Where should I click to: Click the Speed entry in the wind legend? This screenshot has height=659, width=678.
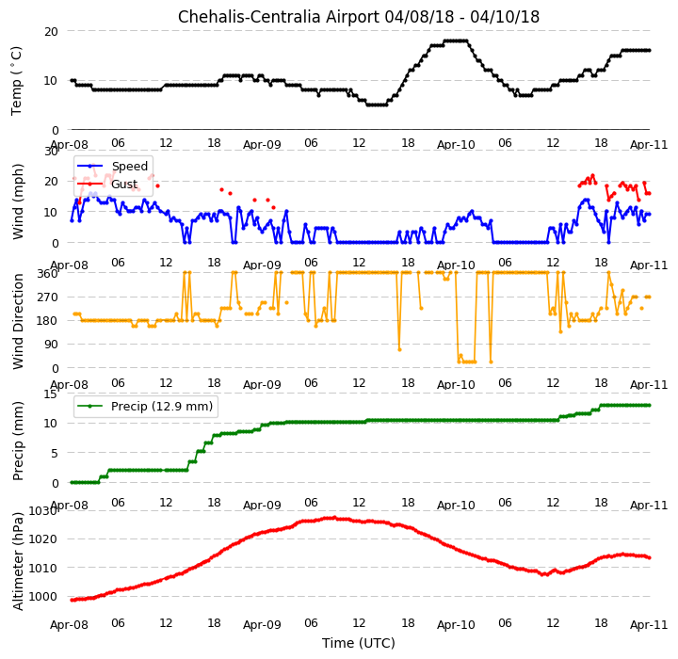click(x=130, y=166)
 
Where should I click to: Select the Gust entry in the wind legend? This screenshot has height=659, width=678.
click(x=124, y=185)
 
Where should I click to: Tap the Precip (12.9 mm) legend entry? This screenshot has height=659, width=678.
click(x=162, y=407)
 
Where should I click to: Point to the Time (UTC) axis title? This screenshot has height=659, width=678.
click(x=359, y=643)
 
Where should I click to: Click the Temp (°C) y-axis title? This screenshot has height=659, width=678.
click(x=16, y=81)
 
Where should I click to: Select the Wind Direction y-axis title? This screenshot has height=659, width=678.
click(x=18, y=321)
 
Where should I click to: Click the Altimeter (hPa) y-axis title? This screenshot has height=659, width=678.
click(x=18, y=561)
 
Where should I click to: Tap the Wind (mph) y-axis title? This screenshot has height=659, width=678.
click(x=18, y=201)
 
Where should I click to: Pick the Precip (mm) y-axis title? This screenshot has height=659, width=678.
click(x=18, y=442)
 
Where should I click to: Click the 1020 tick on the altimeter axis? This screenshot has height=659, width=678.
click(x=43, y=539)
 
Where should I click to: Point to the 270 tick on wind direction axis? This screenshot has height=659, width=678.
click(x=49, y=297)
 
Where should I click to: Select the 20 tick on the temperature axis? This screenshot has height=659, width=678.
click(x=51, y=32)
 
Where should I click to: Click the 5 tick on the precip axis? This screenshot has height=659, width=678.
click(x=55, y=453)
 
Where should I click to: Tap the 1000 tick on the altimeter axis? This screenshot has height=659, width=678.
click(x=43, y=597)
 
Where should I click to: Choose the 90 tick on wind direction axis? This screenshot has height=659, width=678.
click(x=52, y=345)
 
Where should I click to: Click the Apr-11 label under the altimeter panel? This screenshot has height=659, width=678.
click(x=649, y=625)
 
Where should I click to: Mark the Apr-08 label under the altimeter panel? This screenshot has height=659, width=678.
click(x=69, y=625)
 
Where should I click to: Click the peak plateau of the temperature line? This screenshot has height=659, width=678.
click(x=456, y=41)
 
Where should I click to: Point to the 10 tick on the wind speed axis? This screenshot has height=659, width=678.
click(x=52, y=213)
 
